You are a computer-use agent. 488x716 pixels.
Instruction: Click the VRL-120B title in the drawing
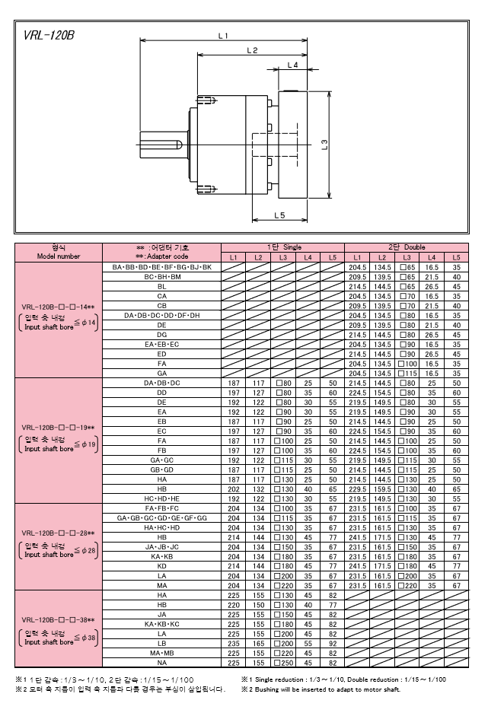[49, 35]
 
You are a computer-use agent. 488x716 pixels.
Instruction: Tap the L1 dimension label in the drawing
[223, 35]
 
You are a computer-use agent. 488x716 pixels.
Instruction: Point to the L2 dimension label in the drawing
[252, 50]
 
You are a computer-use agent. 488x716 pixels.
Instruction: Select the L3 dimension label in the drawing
[324, 145]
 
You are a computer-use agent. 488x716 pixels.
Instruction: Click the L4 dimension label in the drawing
[292, 65]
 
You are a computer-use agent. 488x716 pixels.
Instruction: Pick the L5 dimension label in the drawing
[279, 215]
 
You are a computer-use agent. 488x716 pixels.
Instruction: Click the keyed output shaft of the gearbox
[162, 145]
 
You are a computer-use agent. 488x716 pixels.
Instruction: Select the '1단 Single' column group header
[283, 247]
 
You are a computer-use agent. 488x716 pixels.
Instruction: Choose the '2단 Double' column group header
[407, 247]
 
